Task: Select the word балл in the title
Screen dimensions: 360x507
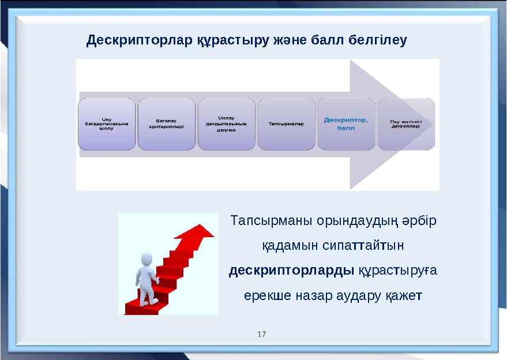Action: (x=328, y=40)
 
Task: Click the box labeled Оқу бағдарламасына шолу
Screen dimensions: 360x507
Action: (x=107, y=124)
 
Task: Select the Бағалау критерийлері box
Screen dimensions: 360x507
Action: (x=167, y=124)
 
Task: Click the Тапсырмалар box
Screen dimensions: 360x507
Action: (x=286, y=124)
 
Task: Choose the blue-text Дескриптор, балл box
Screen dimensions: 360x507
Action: (x=346, y=124)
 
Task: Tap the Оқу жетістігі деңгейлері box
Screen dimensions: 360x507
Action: (x=405, y=124)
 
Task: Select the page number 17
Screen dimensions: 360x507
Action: (x=262, y=335)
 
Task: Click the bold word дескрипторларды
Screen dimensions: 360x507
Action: (x=291, y=271)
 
